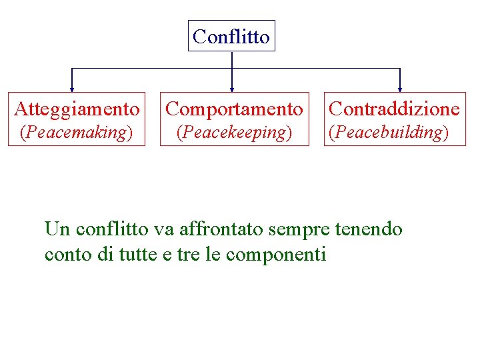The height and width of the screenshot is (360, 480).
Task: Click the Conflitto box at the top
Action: point(231,36)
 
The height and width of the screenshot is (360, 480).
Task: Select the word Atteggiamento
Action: point(77,108)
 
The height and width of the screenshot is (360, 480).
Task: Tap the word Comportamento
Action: point(234,108)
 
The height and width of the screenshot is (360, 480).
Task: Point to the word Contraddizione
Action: point(395,108)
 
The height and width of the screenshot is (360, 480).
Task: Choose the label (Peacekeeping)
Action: point(233,132)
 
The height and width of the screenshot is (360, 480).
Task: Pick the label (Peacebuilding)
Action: point(389,132)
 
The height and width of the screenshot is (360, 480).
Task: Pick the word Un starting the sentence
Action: point(57,229)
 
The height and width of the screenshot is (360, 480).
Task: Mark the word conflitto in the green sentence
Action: point(112,229)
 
